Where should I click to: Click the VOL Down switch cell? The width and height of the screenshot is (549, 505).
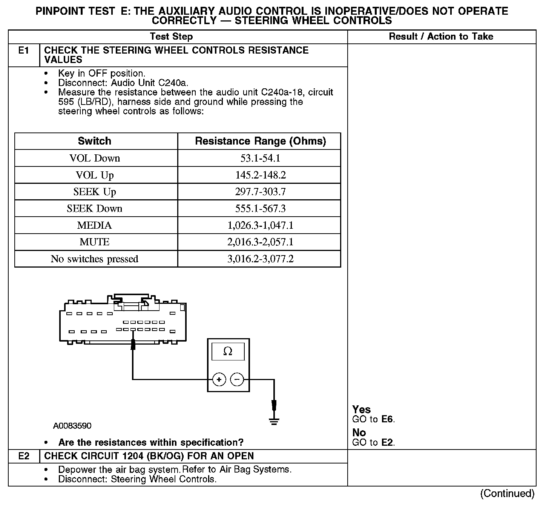(x=95, y=158)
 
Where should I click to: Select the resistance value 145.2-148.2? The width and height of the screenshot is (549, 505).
(x=260, y=175)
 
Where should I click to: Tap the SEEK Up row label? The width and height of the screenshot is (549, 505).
(x=95, y=192)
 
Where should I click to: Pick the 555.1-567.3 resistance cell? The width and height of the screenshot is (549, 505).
(x=260, y=209)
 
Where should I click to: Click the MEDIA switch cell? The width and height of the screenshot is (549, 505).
(x=95, y=225)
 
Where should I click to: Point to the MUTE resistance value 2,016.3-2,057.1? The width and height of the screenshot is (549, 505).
(x=260, y=242)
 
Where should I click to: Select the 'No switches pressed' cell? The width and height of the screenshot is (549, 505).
(x=95, y=259)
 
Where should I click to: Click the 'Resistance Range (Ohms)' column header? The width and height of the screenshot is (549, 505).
(x=260, y=141)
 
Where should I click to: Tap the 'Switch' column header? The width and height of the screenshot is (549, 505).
(x=95, y=141)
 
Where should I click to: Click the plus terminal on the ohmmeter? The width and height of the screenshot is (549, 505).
(x=219, y=379)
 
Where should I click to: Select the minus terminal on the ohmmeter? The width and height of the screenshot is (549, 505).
(x=237, y=379)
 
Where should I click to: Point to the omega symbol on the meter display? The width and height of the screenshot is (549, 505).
(x=228, y=352)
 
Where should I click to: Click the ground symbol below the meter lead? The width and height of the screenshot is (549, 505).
(x=274, y=421)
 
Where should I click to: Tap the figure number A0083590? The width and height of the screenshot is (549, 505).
(x=72, y=426)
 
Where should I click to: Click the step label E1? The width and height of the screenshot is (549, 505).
(x=24, y=51)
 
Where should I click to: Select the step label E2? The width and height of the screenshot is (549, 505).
(x=24, y=456)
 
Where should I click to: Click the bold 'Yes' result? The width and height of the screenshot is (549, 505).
(x=361, y=410)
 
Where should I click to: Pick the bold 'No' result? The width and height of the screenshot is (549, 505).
(x=359, y=433)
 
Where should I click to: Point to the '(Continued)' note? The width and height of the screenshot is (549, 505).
(x=507, y=494)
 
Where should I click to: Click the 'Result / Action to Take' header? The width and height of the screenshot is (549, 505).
(x=441, y=37)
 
